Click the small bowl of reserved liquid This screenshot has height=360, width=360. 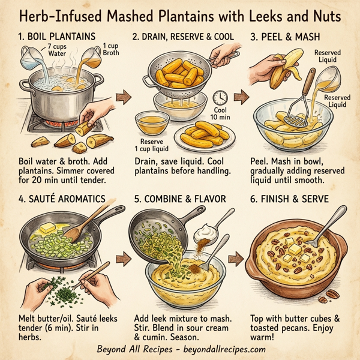point(151,122)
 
